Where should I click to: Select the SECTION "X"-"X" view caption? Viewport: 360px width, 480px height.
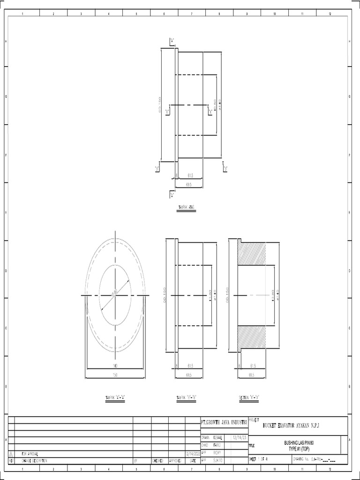(x=249, y=397)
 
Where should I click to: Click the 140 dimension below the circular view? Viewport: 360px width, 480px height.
(x=115, y=366)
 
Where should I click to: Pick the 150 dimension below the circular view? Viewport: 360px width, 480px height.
(x=115, y=375)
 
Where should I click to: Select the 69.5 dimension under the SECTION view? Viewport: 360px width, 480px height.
(x=252, y=375)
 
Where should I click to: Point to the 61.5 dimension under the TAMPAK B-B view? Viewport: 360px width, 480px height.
(x=190, y=366)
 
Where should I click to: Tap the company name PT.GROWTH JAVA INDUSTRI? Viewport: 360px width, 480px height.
(x=224, y=422)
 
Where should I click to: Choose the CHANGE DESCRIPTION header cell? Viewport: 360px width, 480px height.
(x=35, y=461)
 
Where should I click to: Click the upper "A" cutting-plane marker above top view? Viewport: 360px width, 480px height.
(x=172, y=41)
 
